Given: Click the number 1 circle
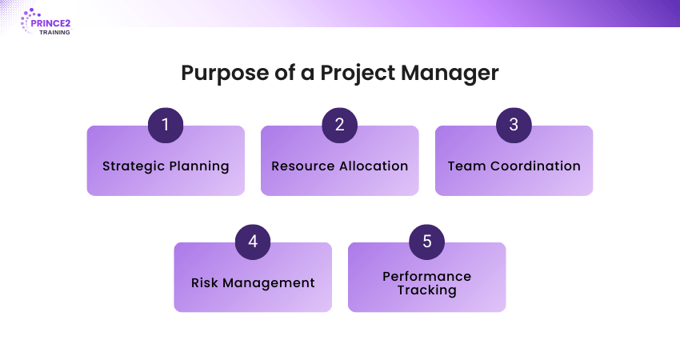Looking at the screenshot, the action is click(166, 125).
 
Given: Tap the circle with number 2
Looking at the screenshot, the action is click(339, 125).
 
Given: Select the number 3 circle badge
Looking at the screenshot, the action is click(514, 125).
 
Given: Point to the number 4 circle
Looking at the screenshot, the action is click(253, 242).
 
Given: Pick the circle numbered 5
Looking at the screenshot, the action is click(426, 242).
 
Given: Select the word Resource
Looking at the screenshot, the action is click(303, 166).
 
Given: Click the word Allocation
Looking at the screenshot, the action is click(374, 166).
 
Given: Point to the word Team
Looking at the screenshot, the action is click(466, 166).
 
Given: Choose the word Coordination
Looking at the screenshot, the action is click(535, 166).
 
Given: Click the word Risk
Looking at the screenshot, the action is click(205, 282).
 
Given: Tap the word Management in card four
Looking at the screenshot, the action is click(269, 283).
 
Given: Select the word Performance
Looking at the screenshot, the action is click(426, 276).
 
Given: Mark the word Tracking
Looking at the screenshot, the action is click(426, 290).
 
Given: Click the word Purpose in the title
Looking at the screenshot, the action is click(225, 73).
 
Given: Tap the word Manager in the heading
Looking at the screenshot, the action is click(450, 73).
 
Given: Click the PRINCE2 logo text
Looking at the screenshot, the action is click(50, 23).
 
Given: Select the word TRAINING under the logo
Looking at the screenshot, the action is click(54, 33).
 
